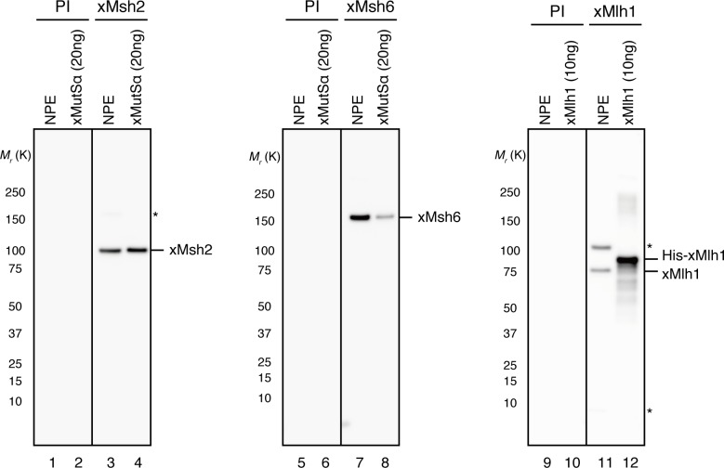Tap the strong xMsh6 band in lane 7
pos(361,218)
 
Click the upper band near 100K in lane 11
pos(601,247)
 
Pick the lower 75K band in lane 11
pos(601,270)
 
